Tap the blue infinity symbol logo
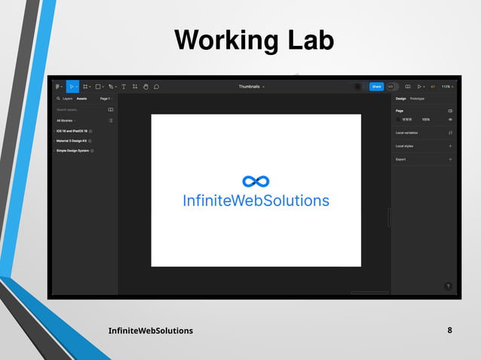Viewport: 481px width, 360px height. [256, 182]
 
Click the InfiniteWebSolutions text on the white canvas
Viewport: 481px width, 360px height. [256, 200]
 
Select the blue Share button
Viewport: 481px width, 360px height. [376, 87]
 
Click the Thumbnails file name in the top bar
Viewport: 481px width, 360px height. [250, 87]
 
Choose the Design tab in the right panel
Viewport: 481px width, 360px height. [400, 99]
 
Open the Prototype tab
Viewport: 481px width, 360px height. [417, 99]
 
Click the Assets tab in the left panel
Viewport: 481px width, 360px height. [81, 99]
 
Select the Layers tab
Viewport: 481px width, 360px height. [67, 99]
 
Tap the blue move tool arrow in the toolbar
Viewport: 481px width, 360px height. [72, 87]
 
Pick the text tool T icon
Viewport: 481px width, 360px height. [124, 87]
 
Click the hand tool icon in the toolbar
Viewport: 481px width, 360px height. [146, 87]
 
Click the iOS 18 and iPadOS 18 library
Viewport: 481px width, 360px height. [73, 131]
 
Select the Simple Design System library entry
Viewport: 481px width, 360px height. [74, 151]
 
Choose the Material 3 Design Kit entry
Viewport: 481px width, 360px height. [73, 141]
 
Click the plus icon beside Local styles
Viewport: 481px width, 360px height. [450, 146]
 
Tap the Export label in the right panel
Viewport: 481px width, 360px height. [401, 160]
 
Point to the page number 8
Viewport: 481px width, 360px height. [450, 331]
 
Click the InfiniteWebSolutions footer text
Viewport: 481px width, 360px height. [151, 331]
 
